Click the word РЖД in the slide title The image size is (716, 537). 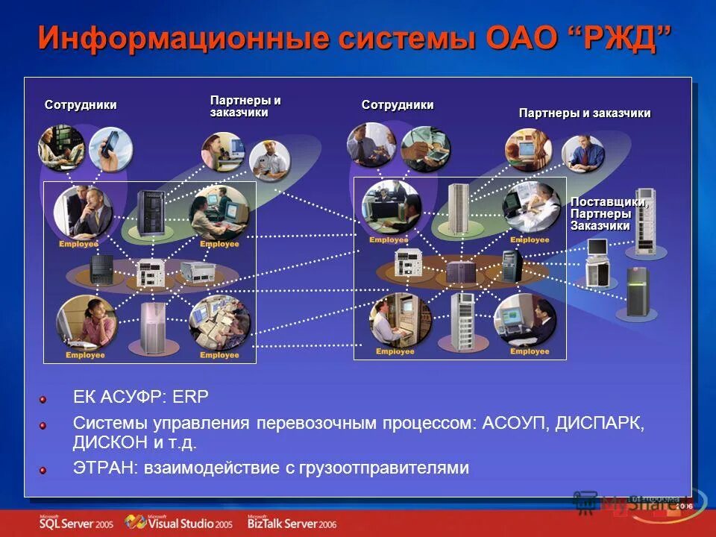[624, 38]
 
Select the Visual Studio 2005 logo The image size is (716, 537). [178, 523]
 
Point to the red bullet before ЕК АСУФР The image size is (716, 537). [43, 401]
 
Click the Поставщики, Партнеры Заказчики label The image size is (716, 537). [609, 214]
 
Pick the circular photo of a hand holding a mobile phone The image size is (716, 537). [110, 148]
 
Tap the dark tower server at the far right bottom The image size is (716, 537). [638, 291]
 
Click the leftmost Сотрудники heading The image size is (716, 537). [81, 105]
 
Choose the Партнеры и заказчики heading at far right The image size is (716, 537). [585, 113]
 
